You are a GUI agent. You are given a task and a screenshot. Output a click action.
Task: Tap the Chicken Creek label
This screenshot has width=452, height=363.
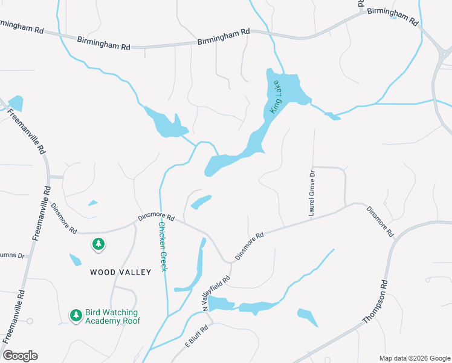[x=162, y=246]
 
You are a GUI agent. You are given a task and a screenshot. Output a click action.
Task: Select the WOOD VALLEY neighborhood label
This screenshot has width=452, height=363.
[x=121, y=272]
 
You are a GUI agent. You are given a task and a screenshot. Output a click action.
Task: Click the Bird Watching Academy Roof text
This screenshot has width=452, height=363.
[x=112, y=316]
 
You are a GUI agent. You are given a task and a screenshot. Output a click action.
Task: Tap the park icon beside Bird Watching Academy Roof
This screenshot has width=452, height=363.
[x=76, y=315]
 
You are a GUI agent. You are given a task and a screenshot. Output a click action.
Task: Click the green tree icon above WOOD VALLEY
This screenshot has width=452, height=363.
[x=98, y=244]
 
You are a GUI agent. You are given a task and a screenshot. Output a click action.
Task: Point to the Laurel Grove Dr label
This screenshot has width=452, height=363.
[x=312, y=193]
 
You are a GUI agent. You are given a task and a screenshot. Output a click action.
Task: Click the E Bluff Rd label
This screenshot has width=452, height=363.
[x=196, y=337]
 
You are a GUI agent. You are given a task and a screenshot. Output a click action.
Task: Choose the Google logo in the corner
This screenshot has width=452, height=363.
[x=21, y=356]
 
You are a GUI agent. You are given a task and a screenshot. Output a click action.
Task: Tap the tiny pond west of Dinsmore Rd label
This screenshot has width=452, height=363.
[x=93, y=203]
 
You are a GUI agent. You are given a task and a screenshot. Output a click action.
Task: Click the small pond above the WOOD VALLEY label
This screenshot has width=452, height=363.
[x=76, y=260]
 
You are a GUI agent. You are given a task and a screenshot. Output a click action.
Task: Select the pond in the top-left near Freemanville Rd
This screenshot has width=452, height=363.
[x=16, y=103]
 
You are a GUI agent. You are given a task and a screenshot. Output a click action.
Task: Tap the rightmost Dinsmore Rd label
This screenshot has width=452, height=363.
[x=380, y=221]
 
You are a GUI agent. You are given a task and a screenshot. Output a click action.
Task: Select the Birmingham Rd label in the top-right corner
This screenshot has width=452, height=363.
[x=393, y=16]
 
